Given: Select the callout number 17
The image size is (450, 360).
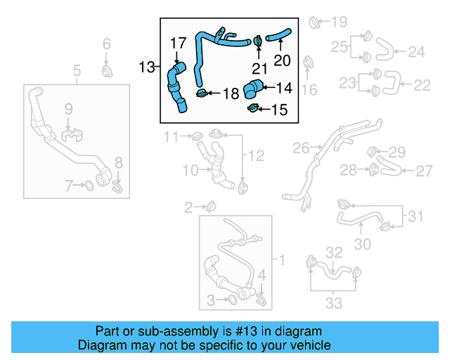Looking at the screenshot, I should click(178, 43).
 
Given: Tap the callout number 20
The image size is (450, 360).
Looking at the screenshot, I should click(281, 60).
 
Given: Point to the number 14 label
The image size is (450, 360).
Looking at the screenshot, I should click(283, 88).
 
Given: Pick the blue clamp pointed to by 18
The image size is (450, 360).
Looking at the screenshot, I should click(202, 93).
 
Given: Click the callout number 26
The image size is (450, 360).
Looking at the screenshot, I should click(301, 148).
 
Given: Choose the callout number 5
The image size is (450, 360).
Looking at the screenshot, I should click(77, 70).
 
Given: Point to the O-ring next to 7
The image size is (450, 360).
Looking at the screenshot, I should click(90, 186).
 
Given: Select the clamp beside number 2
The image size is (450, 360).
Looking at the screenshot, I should click(210, 206).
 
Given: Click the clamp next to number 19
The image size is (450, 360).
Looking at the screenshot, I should click(314, 22).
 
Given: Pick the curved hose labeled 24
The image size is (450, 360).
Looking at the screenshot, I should click(383, 49).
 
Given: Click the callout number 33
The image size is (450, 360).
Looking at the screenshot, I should click(333, 303).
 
